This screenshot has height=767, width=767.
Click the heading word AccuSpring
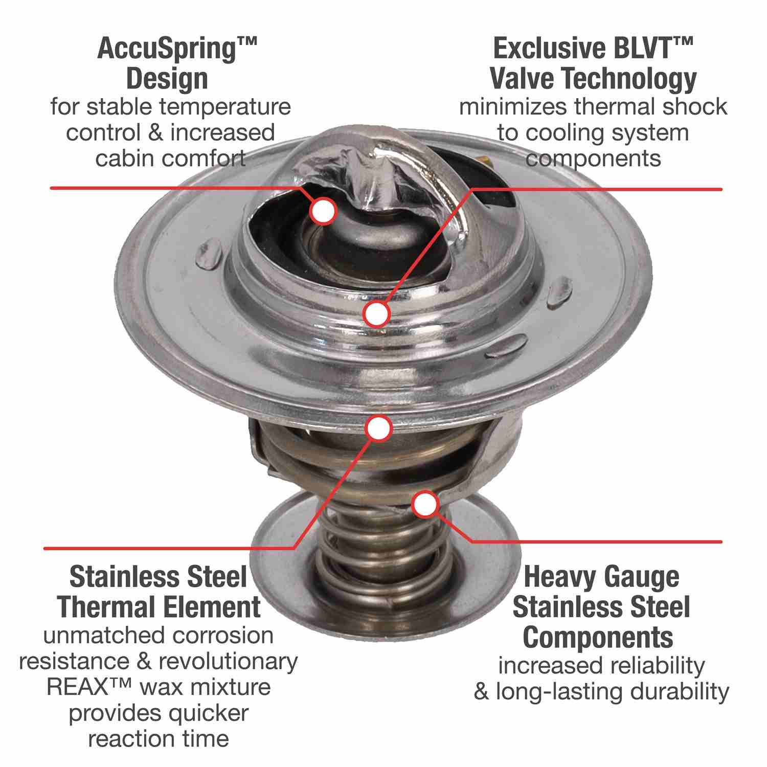(x=170, y=51)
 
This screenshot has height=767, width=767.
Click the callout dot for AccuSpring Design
(x=323, y=210)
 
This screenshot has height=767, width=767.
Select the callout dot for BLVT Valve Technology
(x=377, y=313)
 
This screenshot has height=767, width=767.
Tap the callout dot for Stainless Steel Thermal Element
(x=378, y=428)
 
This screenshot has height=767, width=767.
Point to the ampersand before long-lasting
(x=482, y=692)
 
